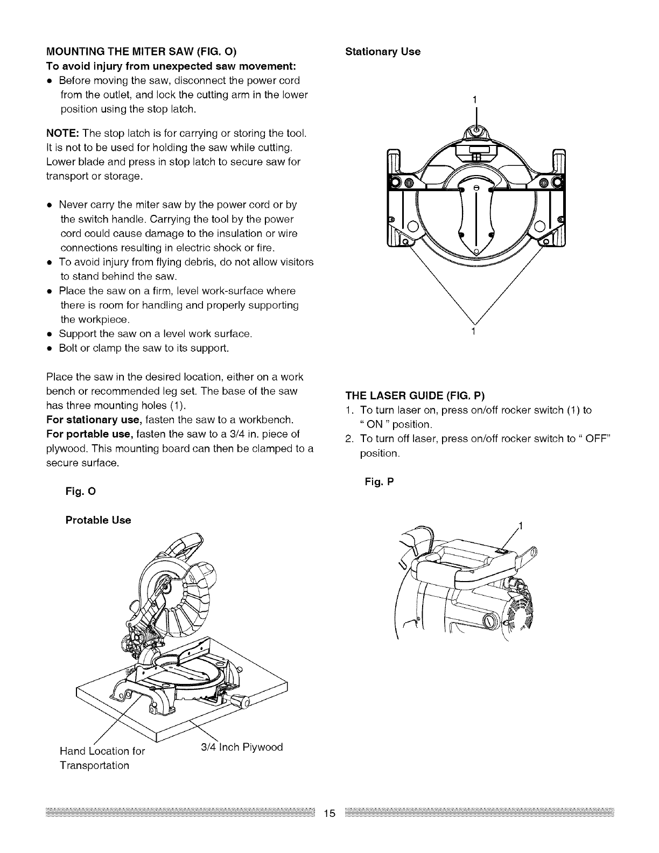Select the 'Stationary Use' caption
[382, 52]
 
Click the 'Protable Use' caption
[98, 520]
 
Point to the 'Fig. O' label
[80, 492]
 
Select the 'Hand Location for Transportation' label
[102, 757]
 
